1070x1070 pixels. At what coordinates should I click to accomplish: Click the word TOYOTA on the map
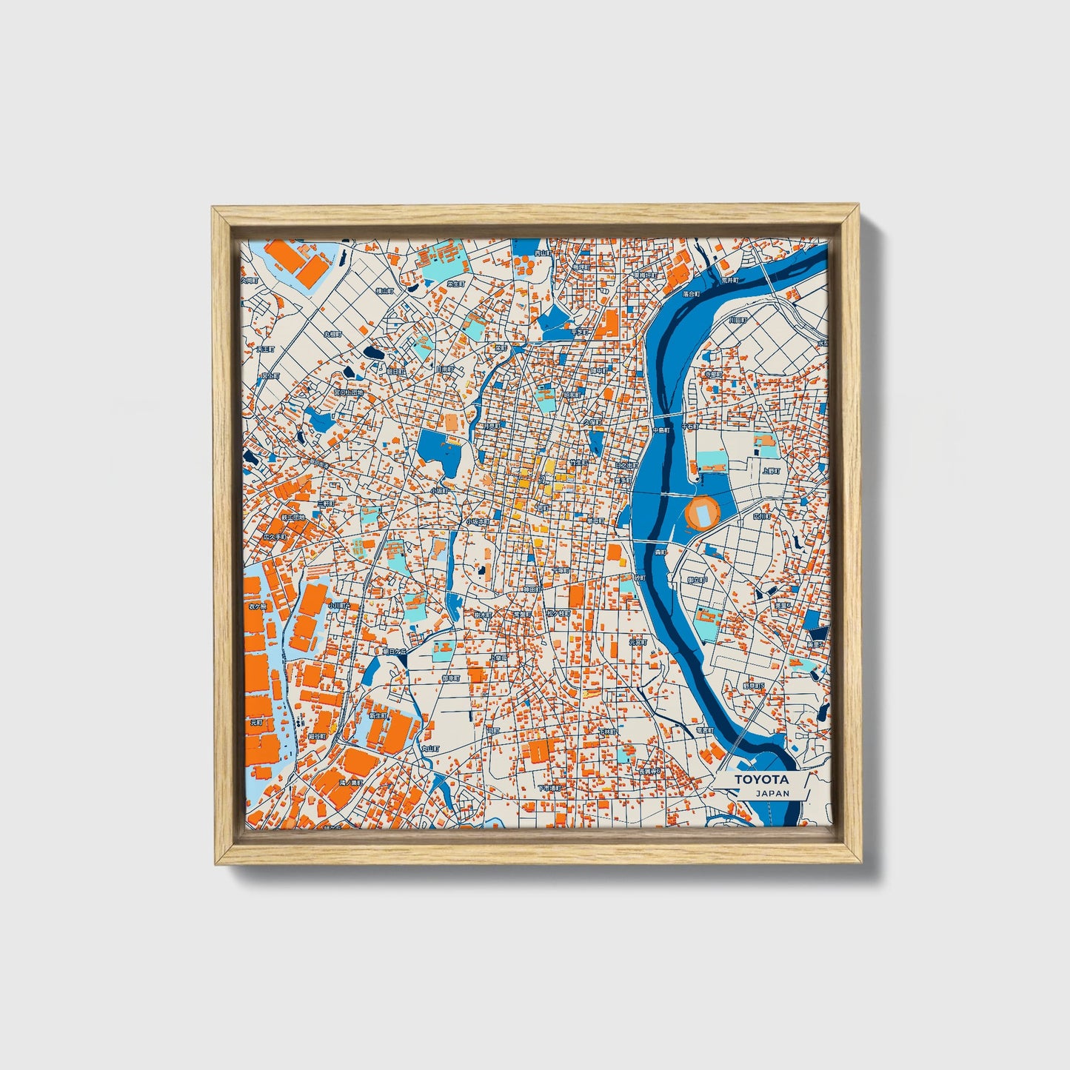coord(761,780)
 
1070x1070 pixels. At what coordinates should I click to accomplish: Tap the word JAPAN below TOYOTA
coord(772,793)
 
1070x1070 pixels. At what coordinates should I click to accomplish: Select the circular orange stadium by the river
coord(703,512)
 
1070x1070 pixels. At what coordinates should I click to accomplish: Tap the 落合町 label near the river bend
coord(691,294)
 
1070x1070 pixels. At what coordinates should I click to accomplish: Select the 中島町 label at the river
coord(661,429)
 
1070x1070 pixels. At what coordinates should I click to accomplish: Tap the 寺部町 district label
coord(712,375)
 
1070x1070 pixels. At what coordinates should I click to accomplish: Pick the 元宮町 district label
coord(638,643)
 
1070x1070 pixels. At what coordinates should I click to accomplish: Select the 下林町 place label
coord(607,731)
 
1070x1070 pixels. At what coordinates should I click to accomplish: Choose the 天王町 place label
coord(265,348)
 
